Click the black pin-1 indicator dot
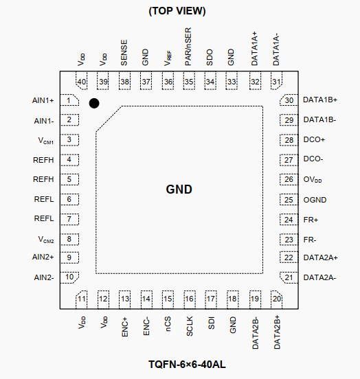(94, 103)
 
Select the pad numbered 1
(69, 100)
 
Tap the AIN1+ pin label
(43, 100)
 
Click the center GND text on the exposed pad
(179, 189)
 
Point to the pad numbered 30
(289, 100)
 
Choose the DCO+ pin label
(314, 139)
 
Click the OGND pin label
(315, 200)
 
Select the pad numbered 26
(289, 180)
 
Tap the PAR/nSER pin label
(188, 47)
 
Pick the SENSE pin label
(124, 53)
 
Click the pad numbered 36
(168, 81)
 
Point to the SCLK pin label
(190, 326)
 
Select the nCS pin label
(168, 324)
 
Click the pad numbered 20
(277, 300)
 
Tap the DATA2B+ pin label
(277, 332)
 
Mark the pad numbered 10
(69, 277)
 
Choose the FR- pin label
(310, 240)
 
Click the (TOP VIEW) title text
(177, 11)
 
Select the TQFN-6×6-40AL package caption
(187, 365)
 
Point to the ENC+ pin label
(124, 328)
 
